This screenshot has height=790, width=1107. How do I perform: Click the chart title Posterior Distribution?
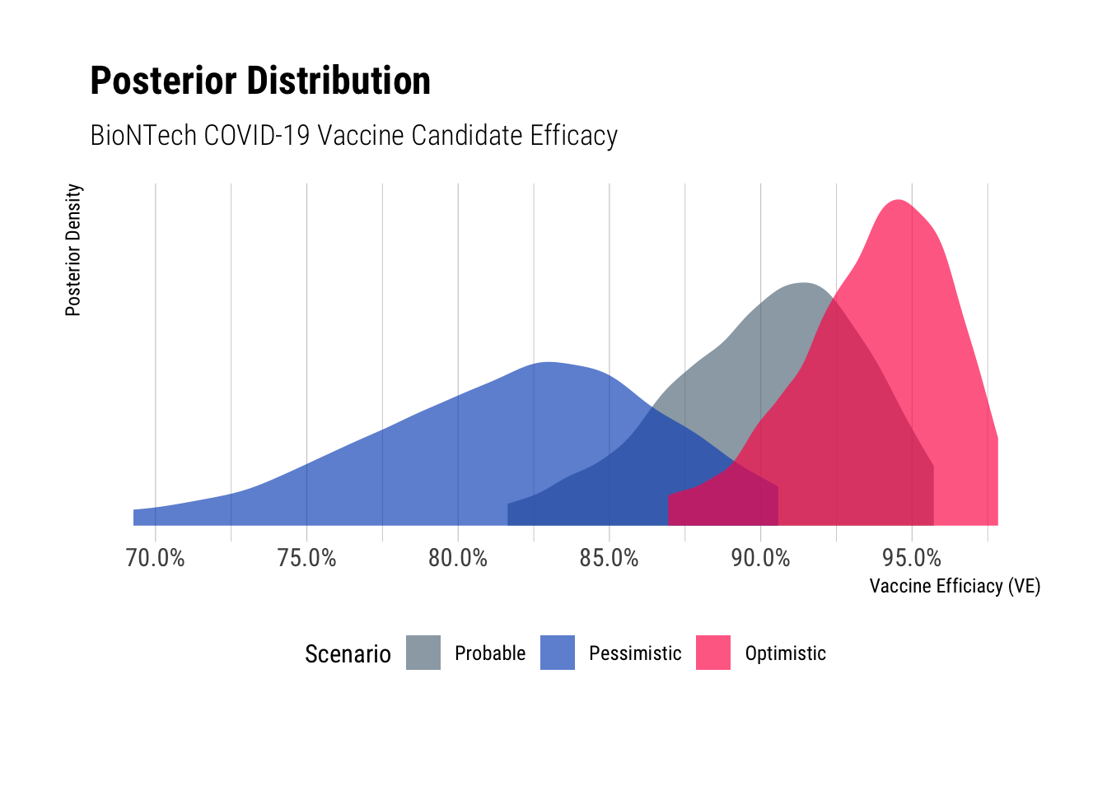pos(260,81)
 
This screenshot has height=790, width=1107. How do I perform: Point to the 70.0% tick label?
pos(155,558)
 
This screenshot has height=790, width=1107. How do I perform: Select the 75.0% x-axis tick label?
pos(306,558)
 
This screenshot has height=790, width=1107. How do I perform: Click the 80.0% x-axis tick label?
pos(458,558)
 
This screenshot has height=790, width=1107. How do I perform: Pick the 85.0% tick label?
pos(609,558)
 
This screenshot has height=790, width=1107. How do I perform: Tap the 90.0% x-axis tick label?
pos(760,558)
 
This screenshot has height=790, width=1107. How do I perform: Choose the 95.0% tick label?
pos(912,558)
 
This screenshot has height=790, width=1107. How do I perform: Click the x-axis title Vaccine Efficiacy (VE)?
pos(955,586)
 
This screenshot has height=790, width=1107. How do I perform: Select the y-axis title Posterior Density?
pos(73,249)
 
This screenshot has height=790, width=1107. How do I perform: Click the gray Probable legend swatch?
pos(423,653)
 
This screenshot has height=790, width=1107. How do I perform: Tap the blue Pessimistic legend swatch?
pos(558,653)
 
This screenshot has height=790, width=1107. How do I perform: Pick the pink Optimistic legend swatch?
pos(713,653)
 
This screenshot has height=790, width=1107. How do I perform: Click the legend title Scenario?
pos(348,653)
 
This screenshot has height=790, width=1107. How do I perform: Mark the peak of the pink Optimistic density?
pos(898,200)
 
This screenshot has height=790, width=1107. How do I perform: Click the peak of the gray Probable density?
pos(801,283)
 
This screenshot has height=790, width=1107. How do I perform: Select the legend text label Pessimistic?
pos(635,653)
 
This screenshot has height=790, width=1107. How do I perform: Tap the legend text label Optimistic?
pos(785,653)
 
